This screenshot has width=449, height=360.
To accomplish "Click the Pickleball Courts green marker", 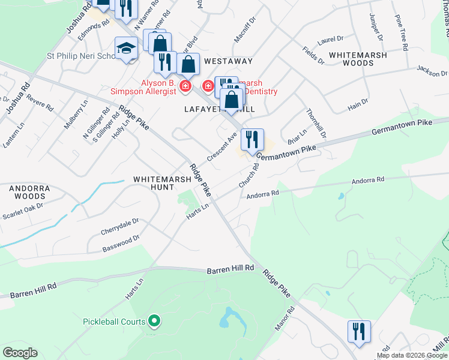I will [x=154, y=321].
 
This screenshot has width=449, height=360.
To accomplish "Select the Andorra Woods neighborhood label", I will [x=28, y=192].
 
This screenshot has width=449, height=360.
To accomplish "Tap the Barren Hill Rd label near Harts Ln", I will [x=231, y=269].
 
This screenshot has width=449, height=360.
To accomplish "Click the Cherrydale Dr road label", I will [x=120, y=226].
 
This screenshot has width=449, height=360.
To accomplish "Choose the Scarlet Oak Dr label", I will [x=23, y=211].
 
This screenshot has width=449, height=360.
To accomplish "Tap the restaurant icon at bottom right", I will [x=359, y=332].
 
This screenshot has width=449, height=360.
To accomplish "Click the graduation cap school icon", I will [x=127, y=49].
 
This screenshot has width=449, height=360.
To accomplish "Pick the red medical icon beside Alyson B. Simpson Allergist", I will [x=185, y=87].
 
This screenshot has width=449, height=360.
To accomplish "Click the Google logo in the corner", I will [x=20, y=353].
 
